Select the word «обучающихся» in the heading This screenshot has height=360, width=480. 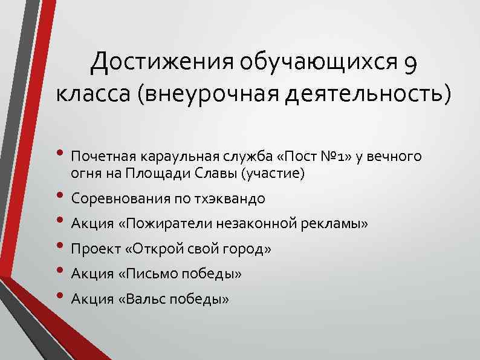317,62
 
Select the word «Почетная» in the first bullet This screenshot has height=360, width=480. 103,157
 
